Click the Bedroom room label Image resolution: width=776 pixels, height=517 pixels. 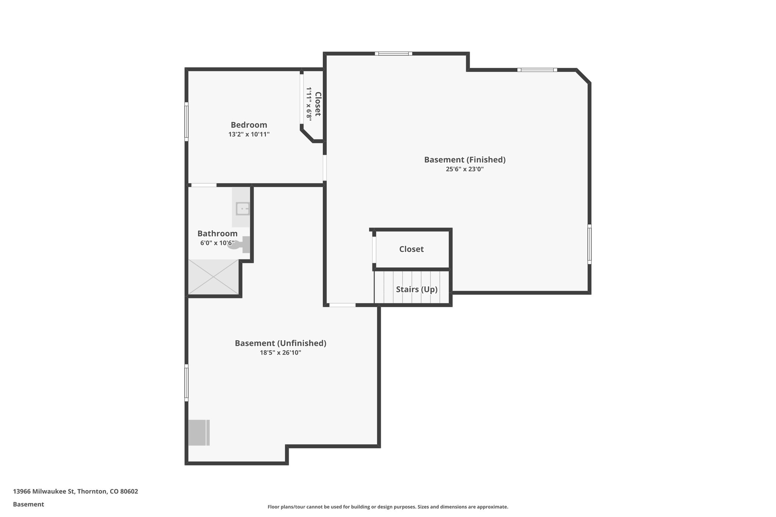pyautogui.click(x=249, y=125)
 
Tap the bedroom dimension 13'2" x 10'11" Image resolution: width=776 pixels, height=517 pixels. pyautogui.click(x=249, y=134)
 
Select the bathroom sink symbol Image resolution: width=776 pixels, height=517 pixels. pyautogui.click(x=242, y=209)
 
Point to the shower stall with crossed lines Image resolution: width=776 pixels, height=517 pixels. pyautogui.click(x=214, y=277)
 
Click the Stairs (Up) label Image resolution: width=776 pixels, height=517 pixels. pyautogui.click(x=416, y=289)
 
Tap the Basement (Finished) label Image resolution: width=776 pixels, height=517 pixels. pyautogui.click(x=465, y=160)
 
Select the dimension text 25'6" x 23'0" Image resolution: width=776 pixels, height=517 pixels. pyautogui.click(x=465, y=169)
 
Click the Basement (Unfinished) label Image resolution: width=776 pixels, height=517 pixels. pyautogui.click(x=280, y=343)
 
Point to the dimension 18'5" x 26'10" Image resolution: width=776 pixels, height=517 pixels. pyautogui.click(x=280, y=353)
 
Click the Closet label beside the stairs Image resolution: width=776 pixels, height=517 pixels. pyautogui.click(x=411, y=249)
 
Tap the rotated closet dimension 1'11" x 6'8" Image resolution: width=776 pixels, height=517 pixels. pyautogui.click(x=309, y=104)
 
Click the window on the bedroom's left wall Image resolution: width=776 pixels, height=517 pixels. pyautogui.click(x=186, y=122)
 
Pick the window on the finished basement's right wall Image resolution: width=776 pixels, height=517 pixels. pyautogui.click(x=589, y=244)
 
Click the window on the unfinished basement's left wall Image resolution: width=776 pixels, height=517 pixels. pyautogui.click(x=186, y=383)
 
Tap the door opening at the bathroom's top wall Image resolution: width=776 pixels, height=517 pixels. pyautogui.click(x=203, y=185)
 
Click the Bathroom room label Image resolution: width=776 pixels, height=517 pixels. pyautogui.click(x=217, y=234)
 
